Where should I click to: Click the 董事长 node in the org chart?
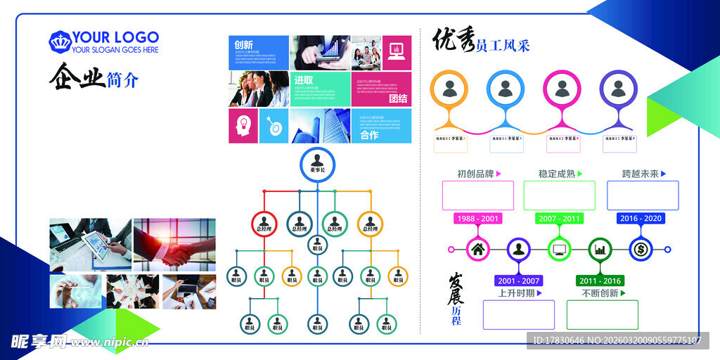coord(318,165)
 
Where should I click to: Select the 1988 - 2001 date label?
coord(477,219)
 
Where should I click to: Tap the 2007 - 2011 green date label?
coord(560,219)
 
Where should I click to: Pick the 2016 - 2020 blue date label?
coord(640,219)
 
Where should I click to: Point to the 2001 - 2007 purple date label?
coord(518,281)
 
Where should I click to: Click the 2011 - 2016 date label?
coord(600,281)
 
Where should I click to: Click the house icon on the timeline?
coord(478,249)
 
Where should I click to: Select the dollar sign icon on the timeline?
coord(641,249)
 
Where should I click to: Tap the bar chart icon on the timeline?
coord(600,249)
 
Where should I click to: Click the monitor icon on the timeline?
coord(560,249)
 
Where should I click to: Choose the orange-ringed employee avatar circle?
coord(449,89)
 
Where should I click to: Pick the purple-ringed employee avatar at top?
coord(618,89)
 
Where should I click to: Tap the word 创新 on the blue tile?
coord(244,44)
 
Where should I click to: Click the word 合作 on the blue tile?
coord(369,135)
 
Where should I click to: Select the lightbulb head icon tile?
coord(243,126)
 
